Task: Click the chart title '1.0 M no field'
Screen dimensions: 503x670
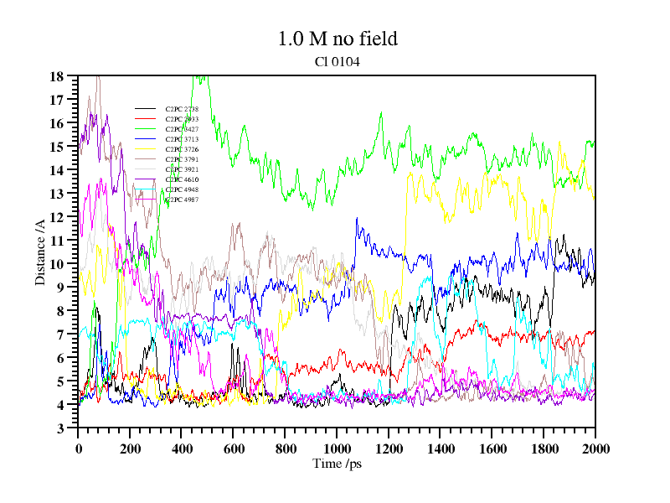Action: tap(337, 39)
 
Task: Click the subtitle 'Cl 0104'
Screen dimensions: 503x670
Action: tap(337, 61)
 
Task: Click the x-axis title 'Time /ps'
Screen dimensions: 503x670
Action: tap(337, 464)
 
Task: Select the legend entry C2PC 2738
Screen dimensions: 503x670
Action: tap(182, 110)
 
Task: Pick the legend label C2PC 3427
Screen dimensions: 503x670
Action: tap(182, 130)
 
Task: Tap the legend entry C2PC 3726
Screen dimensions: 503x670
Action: tap(182, 149)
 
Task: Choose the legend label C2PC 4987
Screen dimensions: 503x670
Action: tap(182, 200)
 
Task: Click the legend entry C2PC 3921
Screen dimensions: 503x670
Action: tap(182, 169)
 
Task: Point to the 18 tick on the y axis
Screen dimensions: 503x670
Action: tap(57, 76)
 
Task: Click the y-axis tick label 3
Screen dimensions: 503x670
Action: tap(60, 428)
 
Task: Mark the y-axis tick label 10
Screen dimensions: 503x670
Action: tap(57, 264)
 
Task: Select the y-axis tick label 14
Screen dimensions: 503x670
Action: tap(57, 170)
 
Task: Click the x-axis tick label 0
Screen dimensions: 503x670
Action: tap(79, 448)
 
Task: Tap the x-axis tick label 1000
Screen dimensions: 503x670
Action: tap(337, 448)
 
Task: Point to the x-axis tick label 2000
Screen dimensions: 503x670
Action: tap(595, 448)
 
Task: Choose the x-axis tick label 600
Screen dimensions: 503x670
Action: tap(234, 448)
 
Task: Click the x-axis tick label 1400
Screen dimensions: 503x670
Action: tap(441, 448)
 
